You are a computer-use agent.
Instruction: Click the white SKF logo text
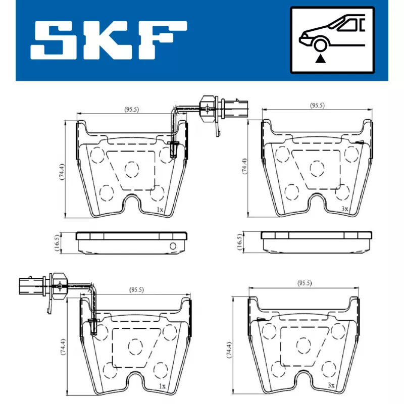point(109,40)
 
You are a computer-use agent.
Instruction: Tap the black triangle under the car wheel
point(320,59)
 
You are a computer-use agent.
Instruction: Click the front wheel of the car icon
point(320,45)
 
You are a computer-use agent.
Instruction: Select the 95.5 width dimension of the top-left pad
point(132,110)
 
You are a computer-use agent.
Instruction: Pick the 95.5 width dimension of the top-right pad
point(317,106)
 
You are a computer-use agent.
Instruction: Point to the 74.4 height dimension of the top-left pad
point(62,172)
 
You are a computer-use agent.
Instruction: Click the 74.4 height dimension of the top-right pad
point(244,166)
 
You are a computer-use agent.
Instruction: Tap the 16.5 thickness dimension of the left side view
point(57,242)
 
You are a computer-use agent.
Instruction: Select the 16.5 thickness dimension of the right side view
point(239,242)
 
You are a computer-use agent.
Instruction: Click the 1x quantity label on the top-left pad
point(160,210)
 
